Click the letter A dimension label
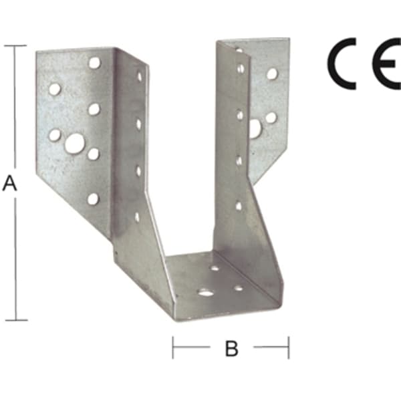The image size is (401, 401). click(9, 183)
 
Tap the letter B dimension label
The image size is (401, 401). click(232, 348)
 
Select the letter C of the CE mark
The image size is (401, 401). click(342, 63)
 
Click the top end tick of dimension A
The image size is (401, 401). click(15, 45)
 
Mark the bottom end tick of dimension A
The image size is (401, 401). click(16, 320)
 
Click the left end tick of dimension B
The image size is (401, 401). click(173, 348)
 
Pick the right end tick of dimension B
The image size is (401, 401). click(289, 348)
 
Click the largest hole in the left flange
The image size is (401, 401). click(75, 144)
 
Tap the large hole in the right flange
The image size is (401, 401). click(255, 128)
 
